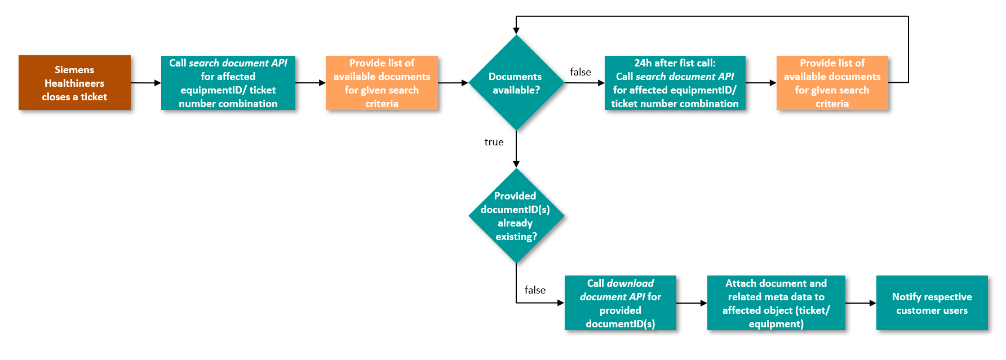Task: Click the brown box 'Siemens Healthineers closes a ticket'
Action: (74, 83)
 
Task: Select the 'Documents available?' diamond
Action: (516, 83)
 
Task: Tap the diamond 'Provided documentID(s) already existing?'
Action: (516, 216)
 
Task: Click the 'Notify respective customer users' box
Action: (932, 303)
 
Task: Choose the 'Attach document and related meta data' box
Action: (776, 303)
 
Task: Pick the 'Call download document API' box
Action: (620, 303)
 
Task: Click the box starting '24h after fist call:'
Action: (675, 83)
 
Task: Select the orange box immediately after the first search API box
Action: (382, 83)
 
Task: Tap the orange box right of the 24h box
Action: (832, 83)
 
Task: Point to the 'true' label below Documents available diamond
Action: (494, 142)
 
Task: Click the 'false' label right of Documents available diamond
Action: (580, 72)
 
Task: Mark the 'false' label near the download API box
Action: (535, 290)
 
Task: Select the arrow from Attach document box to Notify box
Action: (861, 303)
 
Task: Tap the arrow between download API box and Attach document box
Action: (692, 303)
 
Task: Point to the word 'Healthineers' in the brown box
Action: (74, 83)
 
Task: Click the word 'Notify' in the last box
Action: (905, 297)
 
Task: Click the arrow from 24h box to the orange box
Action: (761, 83)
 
